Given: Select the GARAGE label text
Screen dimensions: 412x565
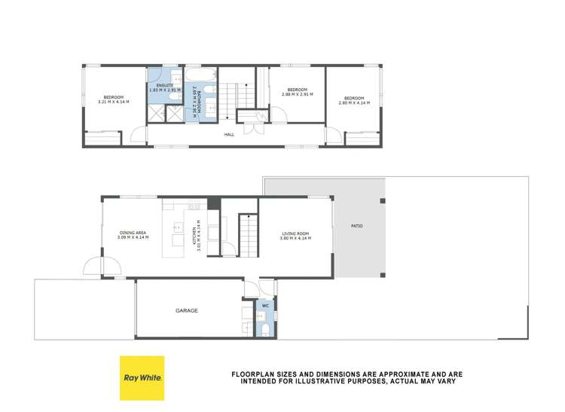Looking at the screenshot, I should [187, 310].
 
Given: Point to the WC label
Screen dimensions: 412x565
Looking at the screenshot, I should [264, 306].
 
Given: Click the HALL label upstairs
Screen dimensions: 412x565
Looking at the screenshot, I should [228, 135].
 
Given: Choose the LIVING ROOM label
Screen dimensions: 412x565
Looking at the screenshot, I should [296, 233].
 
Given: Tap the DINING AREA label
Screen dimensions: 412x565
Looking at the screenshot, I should [133, 233].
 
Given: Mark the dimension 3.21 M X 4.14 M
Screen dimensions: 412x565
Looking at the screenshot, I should [114, 102].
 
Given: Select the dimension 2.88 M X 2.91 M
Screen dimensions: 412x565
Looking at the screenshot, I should [296, 95].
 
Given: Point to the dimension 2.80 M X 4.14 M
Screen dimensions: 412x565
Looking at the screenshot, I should [354, 102].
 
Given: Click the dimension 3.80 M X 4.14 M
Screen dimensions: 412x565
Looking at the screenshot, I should [296, 238].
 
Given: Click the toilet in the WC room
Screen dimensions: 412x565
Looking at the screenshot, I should [264, 330].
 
